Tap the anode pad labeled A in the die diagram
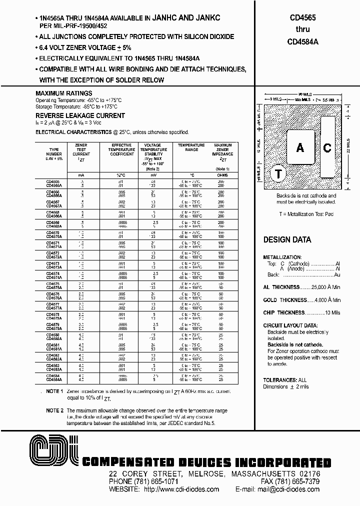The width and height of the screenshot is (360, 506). pos(300,147)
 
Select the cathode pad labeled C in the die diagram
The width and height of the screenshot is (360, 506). pos(327,147)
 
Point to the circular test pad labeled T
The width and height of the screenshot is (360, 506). pos(278,174)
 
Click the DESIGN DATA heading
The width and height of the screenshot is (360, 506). pos(287,239)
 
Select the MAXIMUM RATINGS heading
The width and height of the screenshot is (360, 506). pos(64,93)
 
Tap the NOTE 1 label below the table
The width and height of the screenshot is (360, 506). pos(54,391)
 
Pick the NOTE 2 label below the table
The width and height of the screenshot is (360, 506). pos(54,410)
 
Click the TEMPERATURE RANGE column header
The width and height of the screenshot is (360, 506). pos(188,147)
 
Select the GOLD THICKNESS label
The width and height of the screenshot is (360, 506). pos(285,300)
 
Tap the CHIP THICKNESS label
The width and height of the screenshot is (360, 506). pos(284,312)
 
